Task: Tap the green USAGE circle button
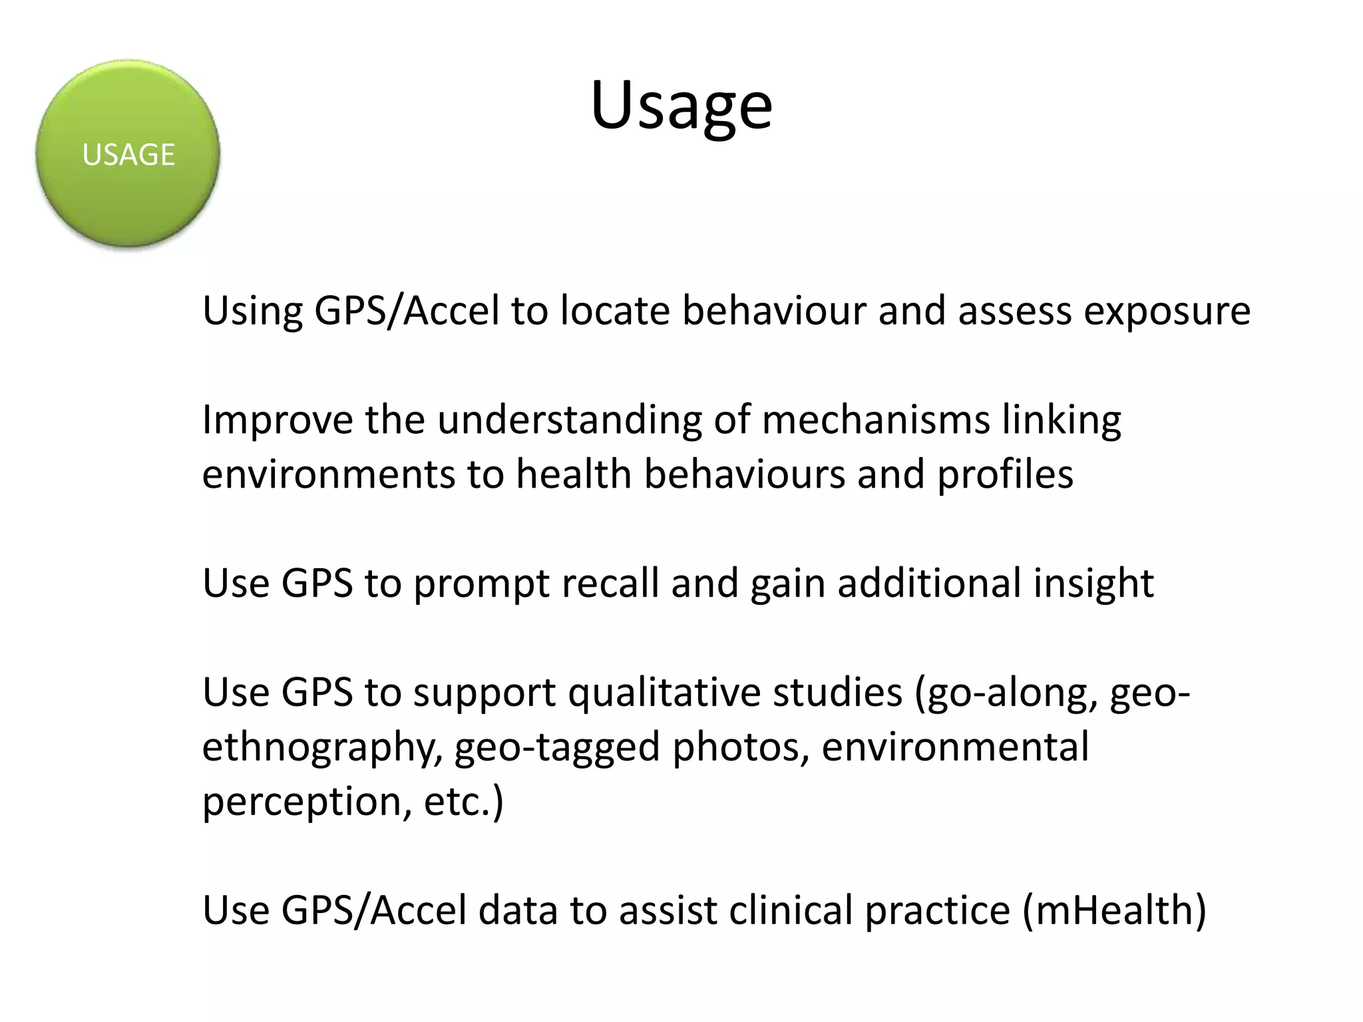point(128,154)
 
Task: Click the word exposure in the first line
point(1167,311)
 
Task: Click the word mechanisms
point(876,421)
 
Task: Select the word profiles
point(1005,474)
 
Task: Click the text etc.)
point(464,802)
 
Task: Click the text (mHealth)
point(1113,910)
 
